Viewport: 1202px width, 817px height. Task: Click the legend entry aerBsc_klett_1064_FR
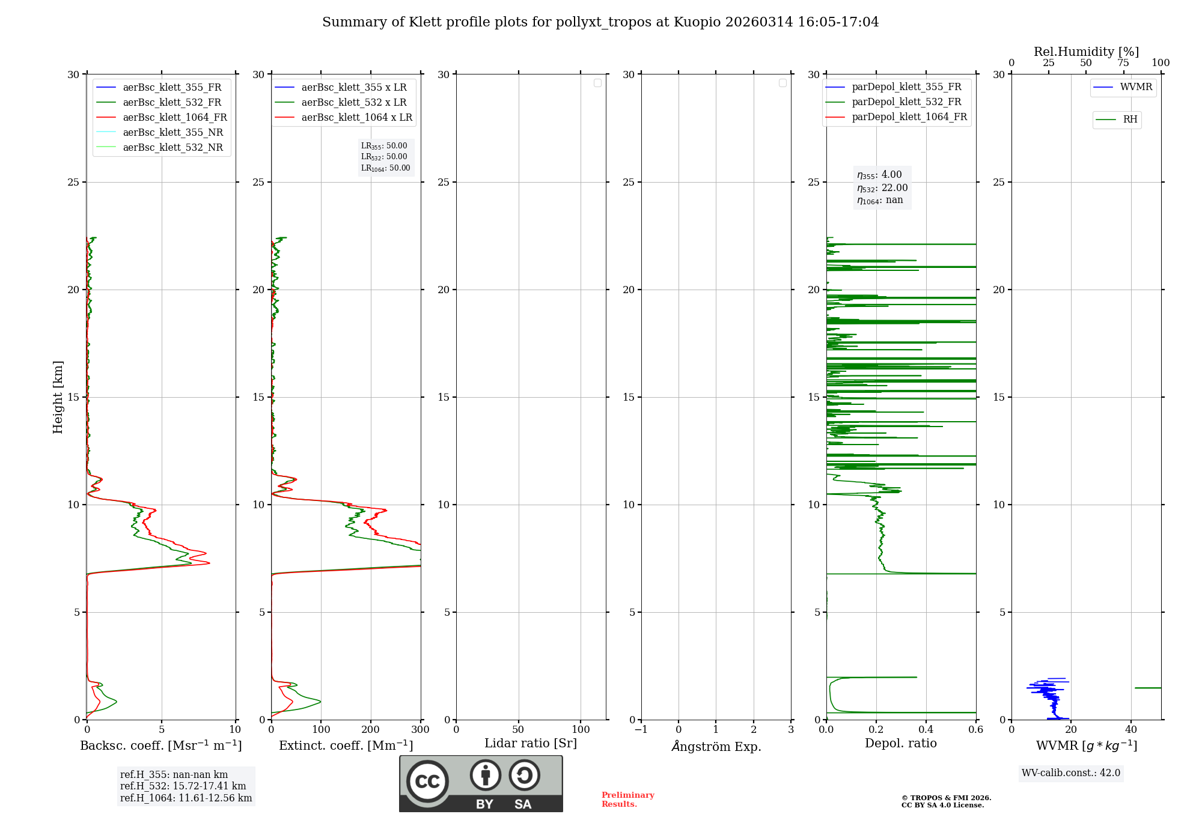pyautogui.click(x=174, y=118)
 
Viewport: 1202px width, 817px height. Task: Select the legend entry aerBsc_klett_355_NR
pyautogui.click(x=172, y=133)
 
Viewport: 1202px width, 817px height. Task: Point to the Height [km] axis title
pyautogui.click(x=58, y=397)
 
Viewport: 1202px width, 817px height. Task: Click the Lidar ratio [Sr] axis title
pyautogui.click(x=531, y=744)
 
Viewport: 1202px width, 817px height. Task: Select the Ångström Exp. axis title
pyautogui.click(x=716, y=747)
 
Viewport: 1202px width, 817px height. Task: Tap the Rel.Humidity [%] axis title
pyautogui.click(x=1086, y=52)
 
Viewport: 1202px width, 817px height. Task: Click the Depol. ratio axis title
pyautogui.click(x=900, y=744)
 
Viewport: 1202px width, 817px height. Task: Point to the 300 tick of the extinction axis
pyautogui.click(x=420, y=730)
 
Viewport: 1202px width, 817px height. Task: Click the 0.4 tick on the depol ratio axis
pyautogui.click(x=926, y=730)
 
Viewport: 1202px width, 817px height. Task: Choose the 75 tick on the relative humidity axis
pyautogui.click(x=1123, y=63)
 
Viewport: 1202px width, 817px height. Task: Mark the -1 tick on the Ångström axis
pyautogui.click(x=641, y=730)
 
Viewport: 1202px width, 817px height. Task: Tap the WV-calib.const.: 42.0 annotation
pyautogui.click(x=1071, y=773)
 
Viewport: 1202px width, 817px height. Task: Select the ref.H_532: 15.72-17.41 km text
pyautogui.click(x=183, y=786)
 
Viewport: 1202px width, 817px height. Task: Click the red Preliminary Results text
pyautogui.click(x=627, y=800)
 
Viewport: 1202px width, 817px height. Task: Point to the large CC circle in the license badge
pyautogui.click(x=427, y=782)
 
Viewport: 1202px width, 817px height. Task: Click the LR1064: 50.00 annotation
pyautogui.click(x=386, y=168)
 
